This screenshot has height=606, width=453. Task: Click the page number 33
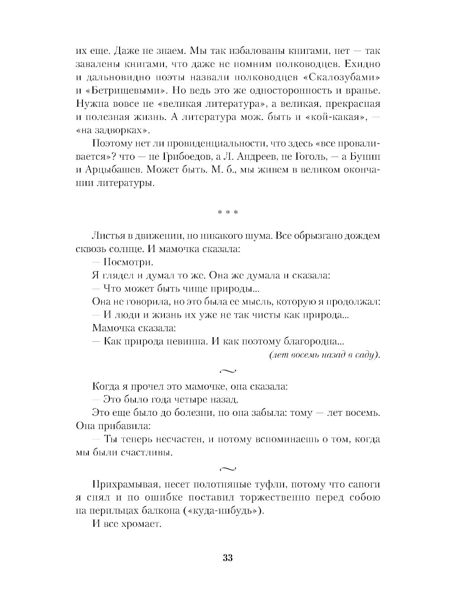coord(227,558)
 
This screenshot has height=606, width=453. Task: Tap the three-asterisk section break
coord(227,212)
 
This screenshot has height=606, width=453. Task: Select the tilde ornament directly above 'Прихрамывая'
coord(227,468)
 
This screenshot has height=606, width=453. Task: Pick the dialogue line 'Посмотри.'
coord(129,262)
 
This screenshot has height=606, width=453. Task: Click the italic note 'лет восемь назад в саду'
coord(324,355)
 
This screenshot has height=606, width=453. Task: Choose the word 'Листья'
coord(108,236)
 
